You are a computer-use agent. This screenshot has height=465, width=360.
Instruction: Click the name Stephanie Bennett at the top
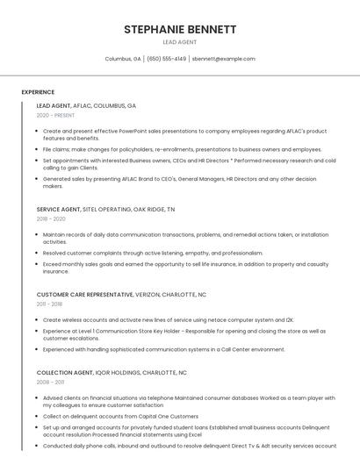pos(180,29)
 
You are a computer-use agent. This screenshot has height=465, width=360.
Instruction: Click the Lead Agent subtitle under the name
pos(180,42)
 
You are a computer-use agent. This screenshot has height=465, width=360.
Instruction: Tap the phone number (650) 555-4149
pos(166,59)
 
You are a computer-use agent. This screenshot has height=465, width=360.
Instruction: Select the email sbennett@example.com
pos(223,59)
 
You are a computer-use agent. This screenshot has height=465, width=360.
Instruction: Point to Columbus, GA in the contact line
pos(123,59)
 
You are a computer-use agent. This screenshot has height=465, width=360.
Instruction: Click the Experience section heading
pos(38,92)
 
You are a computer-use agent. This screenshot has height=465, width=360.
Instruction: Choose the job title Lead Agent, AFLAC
pos(86,105)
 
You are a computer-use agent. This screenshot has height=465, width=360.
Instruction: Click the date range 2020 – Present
pos(55,115)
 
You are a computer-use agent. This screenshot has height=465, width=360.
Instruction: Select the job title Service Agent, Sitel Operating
pos(105,210)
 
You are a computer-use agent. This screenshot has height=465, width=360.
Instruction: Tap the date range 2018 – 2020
pos(51,219)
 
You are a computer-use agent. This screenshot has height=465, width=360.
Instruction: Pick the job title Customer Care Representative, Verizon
pos(121,295)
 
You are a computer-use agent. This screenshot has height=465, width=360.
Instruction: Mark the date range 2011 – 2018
pos(49,304)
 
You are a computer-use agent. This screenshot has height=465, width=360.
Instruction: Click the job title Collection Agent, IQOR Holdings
pos(112,372)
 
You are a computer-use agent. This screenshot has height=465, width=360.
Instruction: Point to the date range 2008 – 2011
pos(50,383)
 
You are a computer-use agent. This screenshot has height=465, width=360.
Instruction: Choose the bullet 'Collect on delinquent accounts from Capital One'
pos(120,416)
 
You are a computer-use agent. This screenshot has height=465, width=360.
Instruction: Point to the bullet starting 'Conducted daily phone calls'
pos(188,445)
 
